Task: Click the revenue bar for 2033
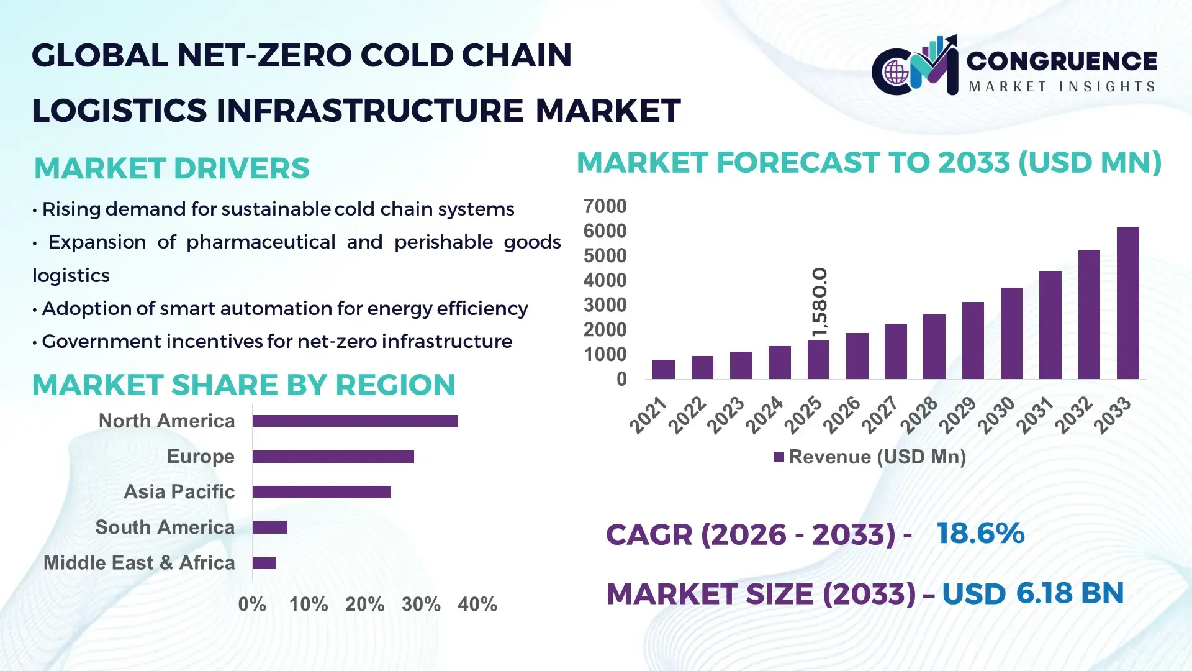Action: pyautogui.click(x=1127, y=303)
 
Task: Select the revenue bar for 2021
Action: pyautogui.click(x=663, y=369)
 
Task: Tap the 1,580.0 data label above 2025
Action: pyautogui.click(x=819, y=303)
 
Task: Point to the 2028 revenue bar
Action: pyautogui.click(x=934, y=347)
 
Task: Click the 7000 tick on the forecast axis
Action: pyautogui.click(x=605, y=206)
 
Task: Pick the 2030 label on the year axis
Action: pyautogui.click(x=996, y=415)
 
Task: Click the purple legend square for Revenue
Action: pyautogui.click(x=779, y=457)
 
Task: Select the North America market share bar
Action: pyautogui.click(x=354, y=421)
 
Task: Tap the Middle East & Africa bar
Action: pyautogui.click(x=264, y=563)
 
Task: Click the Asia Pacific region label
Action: pyautogui.click(x=179, y=491)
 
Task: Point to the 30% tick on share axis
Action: pyautogui.click(x=421, y=604)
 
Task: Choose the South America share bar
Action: pyautogui.click(x=269, y=527)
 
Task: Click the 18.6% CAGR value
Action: pyautogui.click(x=980, y=533)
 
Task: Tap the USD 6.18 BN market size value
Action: pyautogui.click(x=1032, y=593)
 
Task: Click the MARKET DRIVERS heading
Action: pyautogui.click(x=171, y=168)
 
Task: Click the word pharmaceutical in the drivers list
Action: pyautogui.click(x=261, y=242)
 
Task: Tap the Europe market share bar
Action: pyautogui.click(x=333, y=457)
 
